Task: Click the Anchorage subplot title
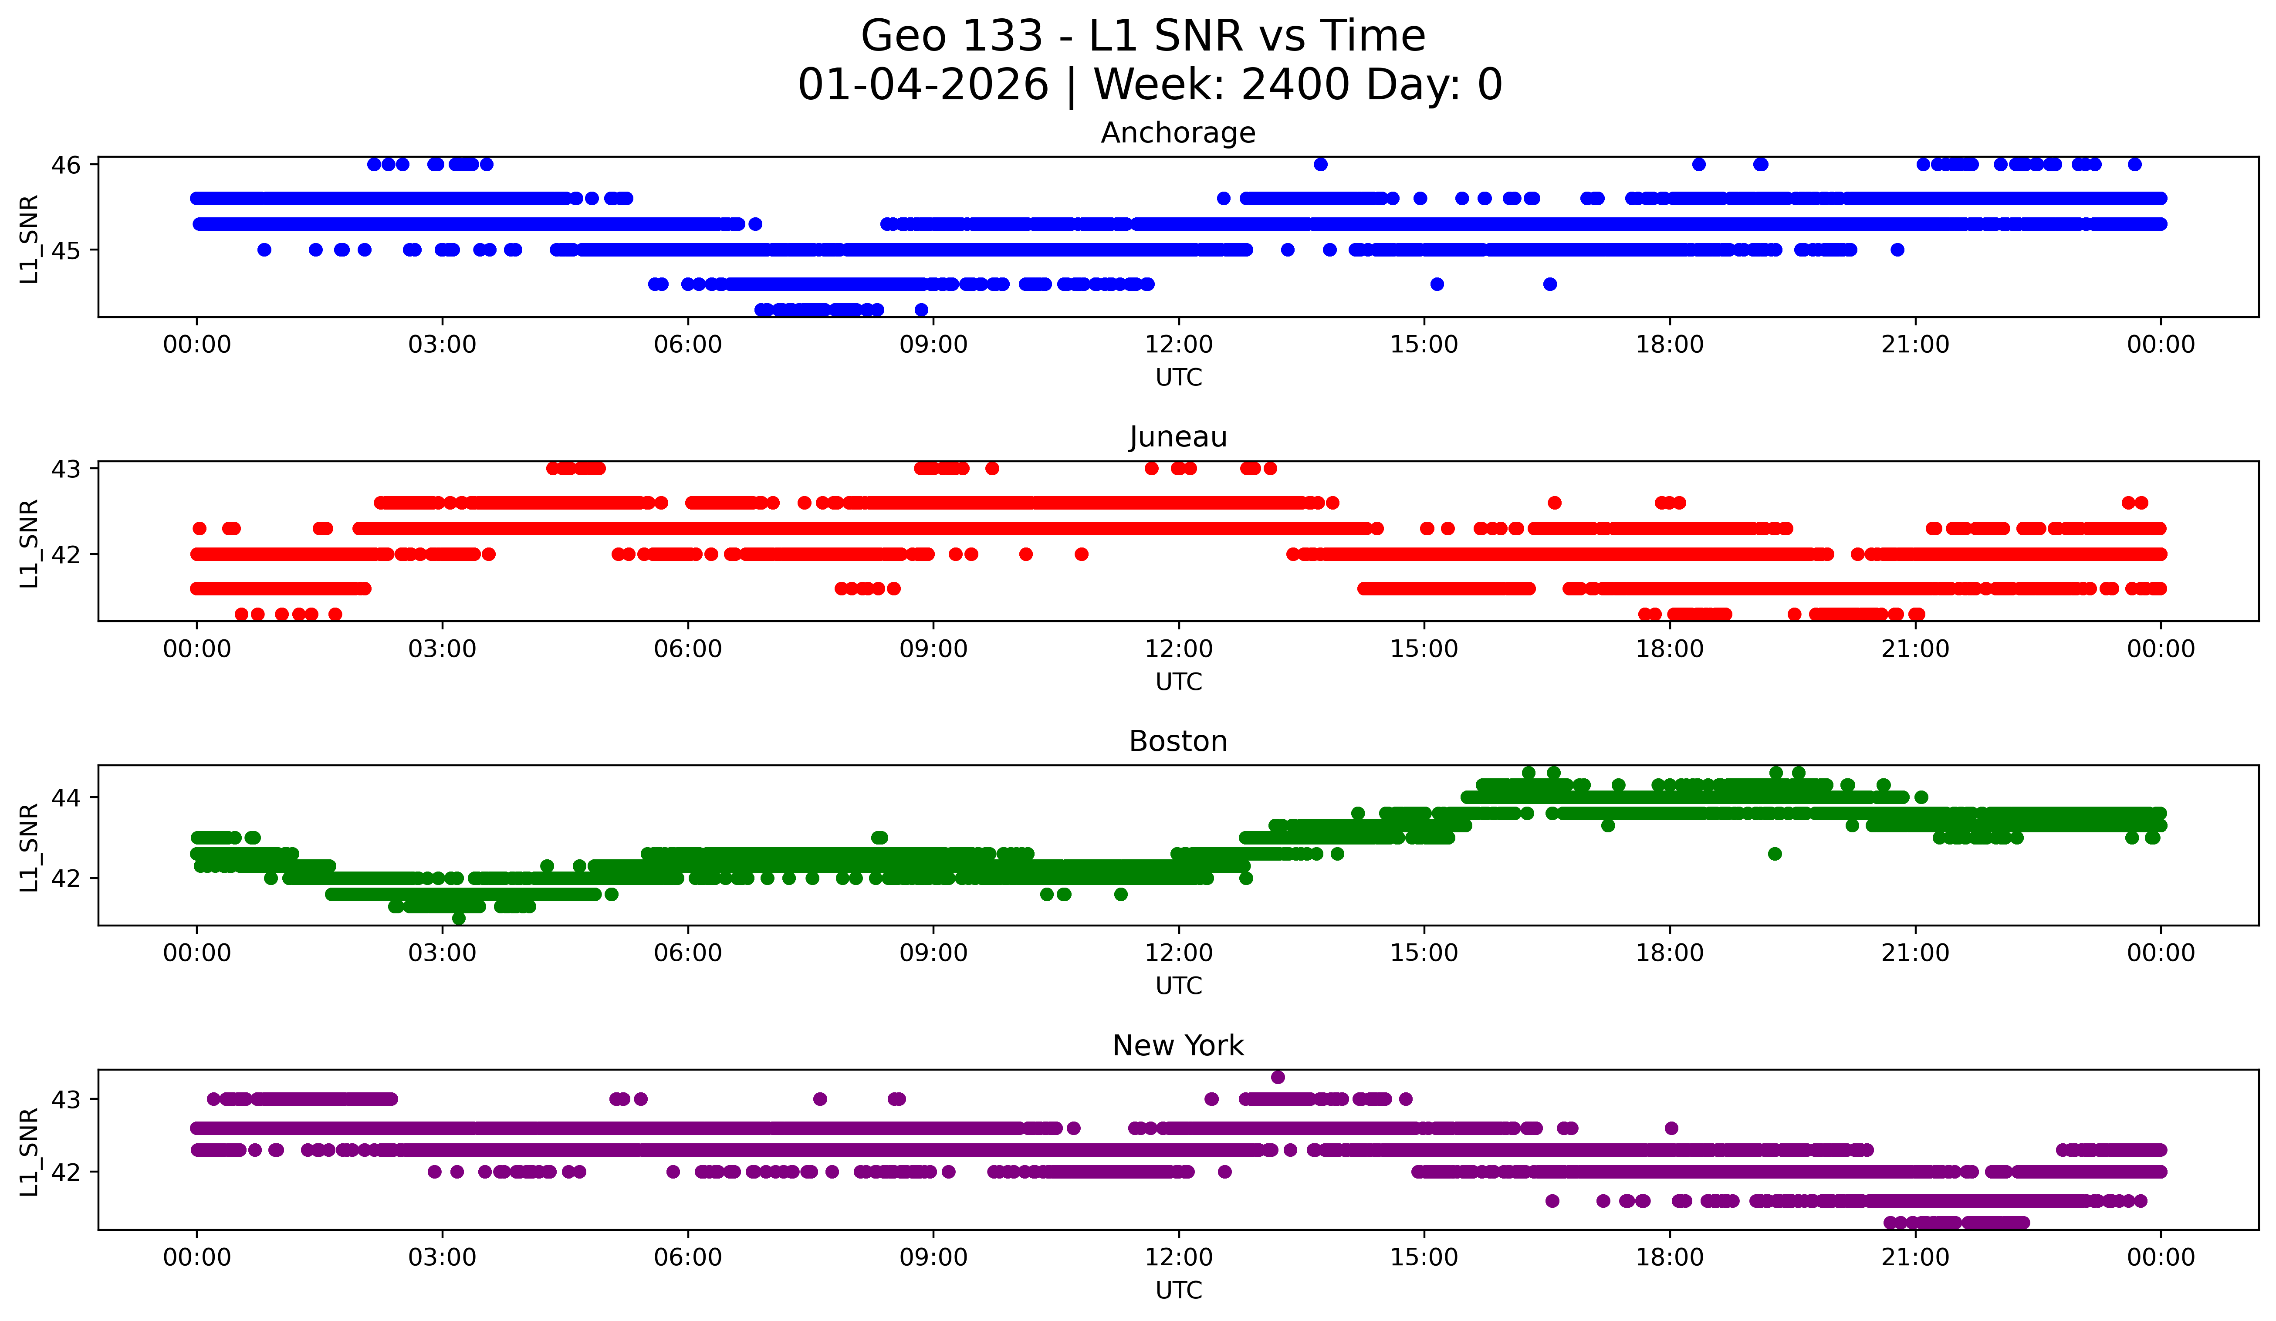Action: click(1178, 133)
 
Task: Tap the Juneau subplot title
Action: click(1178, 437)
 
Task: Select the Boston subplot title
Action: click(1178, 741)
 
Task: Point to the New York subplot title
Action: click(1178, 1046)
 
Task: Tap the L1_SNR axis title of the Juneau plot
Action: click(29, 544)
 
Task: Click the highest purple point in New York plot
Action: click(1277, 1077)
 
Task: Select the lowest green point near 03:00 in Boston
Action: click(459, 918)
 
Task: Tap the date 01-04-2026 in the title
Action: click(923, 85)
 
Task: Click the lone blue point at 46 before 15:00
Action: click(1320, 164)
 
